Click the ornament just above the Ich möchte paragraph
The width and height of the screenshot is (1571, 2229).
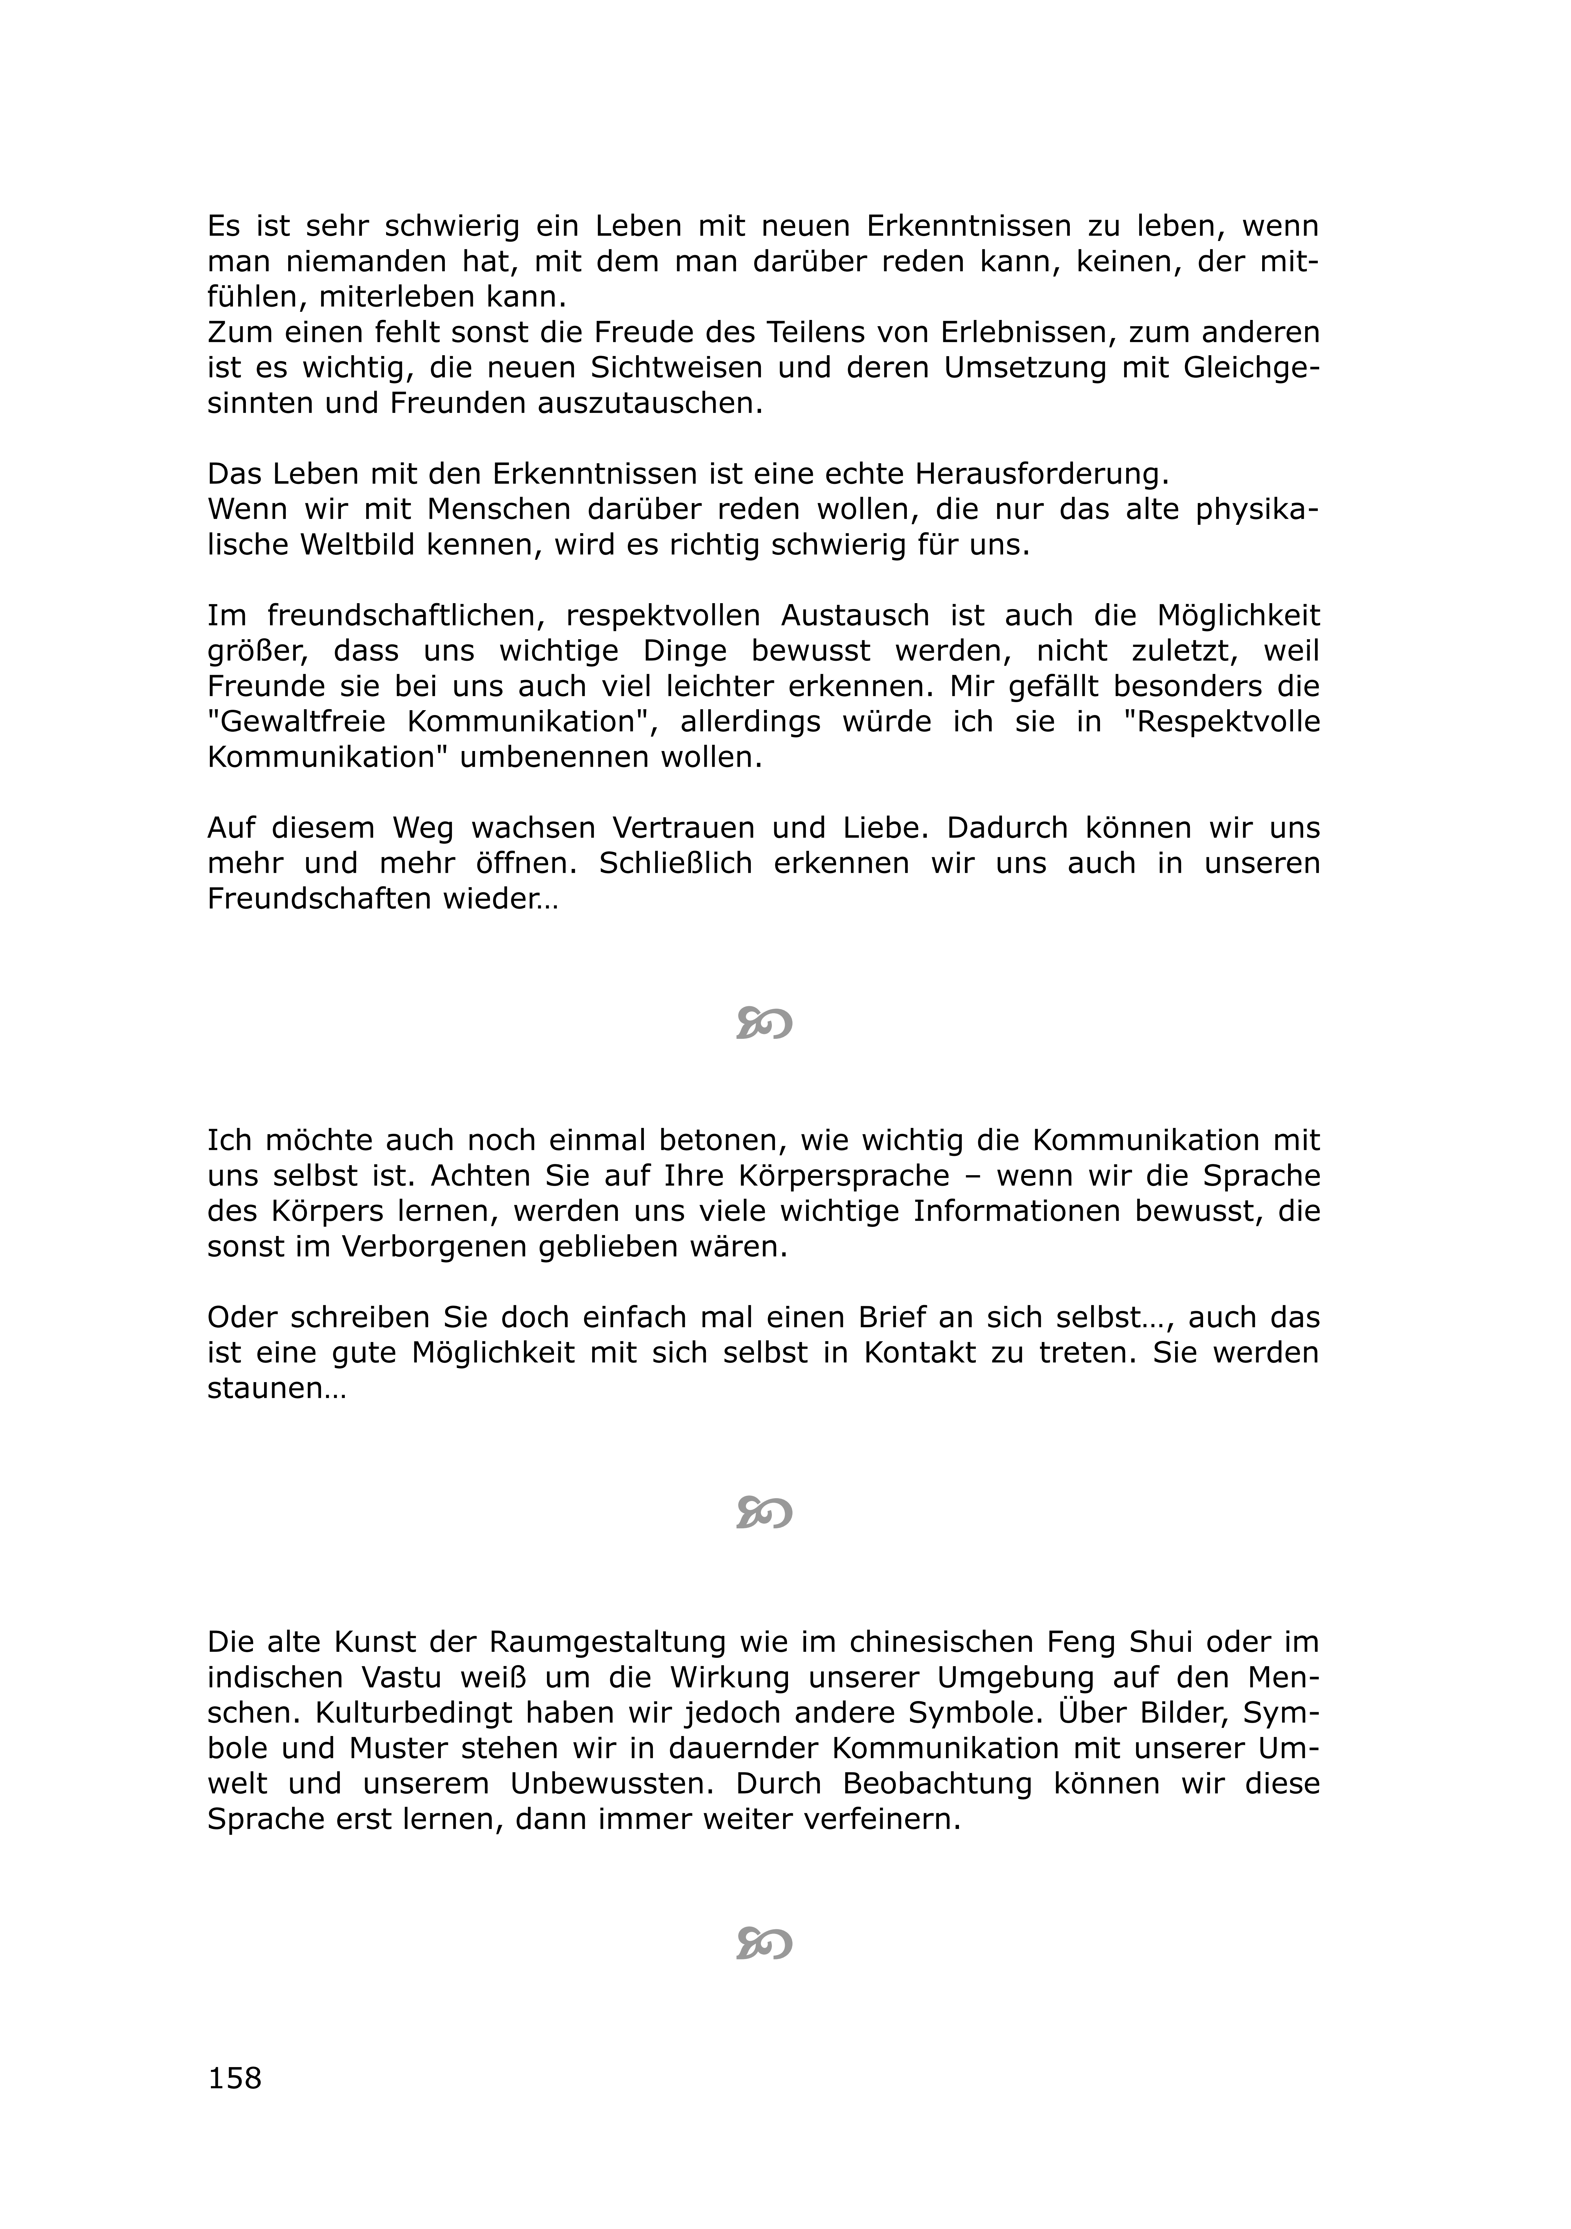764,1022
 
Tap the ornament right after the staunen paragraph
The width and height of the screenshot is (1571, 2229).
764,1512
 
